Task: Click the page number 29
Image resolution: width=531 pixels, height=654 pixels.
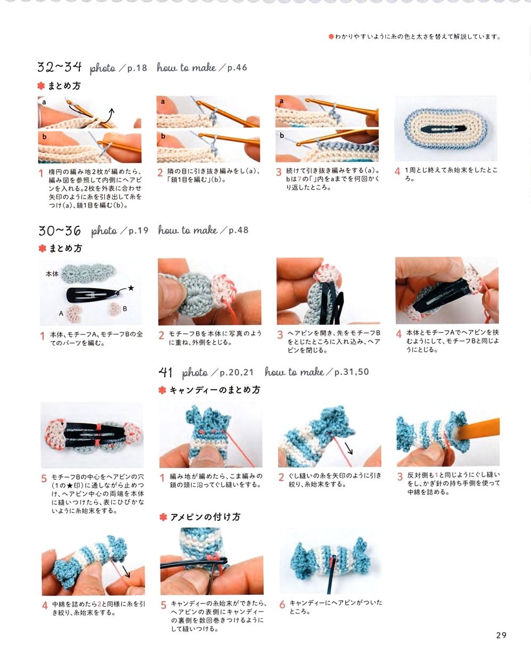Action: [501, 635]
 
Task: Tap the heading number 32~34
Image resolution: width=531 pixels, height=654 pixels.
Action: [59, 67]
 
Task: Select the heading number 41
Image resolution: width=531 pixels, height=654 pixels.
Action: [166, 372]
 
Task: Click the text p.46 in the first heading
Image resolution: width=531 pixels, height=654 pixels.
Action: [237, 68]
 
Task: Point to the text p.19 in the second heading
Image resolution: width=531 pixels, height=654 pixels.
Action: [138, 230]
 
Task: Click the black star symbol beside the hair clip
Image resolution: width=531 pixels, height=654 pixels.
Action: [131, 288]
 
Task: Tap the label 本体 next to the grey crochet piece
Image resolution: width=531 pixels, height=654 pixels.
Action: [52, 274]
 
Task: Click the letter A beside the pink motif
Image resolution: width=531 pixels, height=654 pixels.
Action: [61, 313]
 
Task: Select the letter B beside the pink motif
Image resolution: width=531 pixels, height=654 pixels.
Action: [125, 308]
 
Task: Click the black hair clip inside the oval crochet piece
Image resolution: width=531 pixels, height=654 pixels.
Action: [444, 129]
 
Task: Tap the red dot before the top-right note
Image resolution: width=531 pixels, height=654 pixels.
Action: [331, 37]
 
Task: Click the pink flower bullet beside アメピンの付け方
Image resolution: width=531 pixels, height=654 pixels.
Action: [163, 517]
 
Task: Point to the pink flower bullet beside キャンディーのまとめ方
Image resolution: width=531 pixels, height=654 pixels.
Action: [162, 390]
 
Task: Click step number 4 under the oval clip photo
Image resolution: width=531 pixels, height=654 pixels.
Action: [397, 171]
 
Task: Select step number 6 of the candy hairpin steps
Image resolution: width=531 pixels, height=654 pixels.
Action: [282, 604]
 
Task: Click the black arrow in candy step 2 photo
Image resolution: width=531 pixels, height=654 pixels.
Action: [349, 448]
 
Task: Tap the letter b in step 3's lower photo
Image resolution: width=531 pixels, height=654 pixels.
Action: [282, 135]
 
